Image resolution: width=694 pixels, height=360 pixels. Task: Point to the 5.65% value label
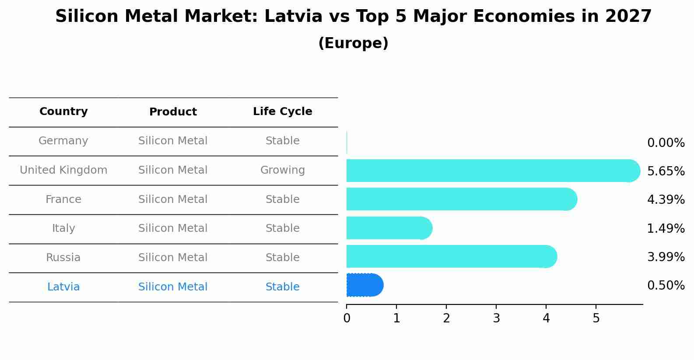[666, 171]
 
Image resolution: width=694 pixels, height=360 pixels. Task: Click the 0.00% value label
[666, 143]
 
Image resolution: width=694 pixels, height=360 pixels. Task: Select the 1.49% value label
[666, 228]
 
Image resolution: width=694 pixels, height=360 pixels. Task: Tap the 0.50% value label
[666, 286]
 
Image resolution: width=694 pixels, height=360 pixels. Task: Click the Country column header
[63, 112]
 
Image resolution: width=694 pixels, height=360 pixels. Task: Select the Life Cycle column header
[282, 112]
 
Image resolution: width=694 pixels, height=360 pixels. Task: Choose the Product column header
[173, 112]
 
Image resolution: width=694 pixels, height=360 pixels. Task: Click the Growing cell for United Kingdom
[282, 170]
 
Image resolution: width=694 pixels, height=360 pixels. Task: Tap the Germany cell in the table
[63, 141]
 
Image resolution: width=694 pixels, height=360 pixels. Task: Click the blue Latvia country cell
[63, 287]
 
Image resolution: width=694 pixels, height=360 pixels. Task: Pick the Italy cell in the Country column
[63, 228]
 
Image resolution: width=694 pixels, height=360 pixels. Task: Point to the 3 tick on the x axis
[496, 318]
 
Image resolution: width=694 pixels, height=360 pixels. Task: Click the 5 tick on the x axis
[596, 318]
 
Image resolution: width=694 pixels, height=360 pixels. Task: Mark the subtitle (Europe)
[353, 43]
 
